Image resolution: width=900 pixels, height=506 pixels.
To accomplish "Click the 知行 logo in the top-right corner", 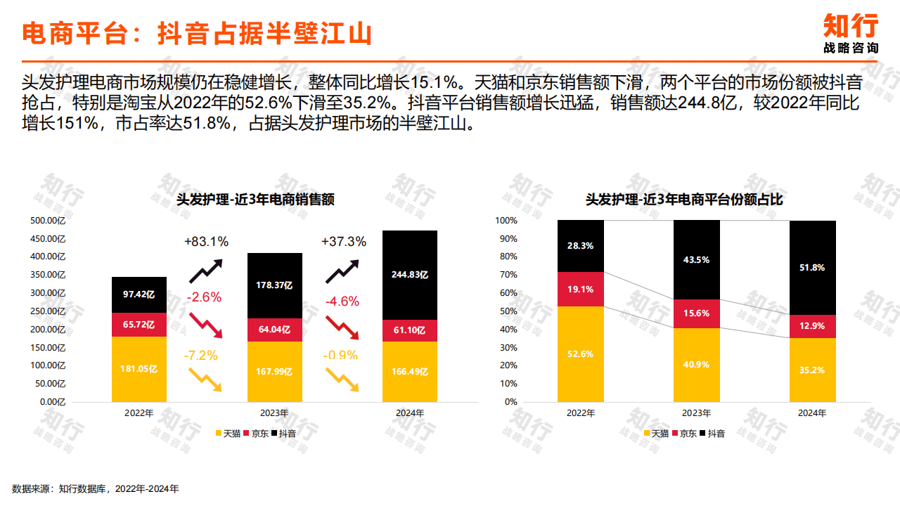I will (x=851, y=33).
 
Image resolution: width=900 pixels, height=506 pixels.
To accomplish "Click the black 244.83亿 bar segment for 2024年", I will (x=410, y=275).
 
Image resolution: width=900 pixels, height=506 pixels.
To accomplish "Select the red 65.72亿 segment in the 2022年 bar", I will (x=139, y=325).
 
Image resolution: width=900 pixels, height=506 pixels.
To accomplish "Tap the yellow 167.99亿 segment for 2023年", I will (x=274, y=371).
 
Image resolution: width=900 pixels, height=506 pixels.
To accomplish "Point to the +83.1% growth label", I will (x=206, y=242).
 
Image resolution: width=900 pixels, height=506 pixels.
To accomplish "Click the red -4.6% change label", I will (x=342, y=301).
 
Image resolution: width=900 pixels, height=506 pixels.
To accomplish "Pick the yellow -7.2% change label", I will (x=201, y=355).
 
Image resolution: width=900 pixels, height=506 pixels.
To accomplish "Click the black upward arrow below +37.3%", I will (x=342, y=271).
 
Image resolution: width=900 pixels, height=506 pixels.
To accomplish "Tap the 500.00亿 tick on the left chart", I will (x=47, y=221).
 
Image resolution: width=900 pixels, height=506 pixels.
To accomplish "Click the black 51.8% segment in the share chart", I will (x=812, y=268).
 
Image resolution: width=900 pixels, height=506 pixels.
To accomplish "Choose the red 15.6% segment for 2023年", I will (x=696, y=313).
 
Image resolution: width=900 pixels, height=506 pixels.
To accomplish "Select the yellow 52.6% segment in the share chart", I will (x=580, y=353).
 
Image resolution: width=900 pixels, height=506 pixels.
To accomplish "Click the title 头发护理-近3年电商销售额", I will (x=255, y=200).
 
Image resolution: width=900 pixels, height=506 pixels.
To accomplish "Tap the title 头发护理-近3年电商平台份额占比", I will (x=684, y=200).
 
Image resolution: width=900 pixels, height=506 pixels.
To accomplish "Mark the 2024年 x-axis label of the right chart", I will (x=812, y=413).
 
